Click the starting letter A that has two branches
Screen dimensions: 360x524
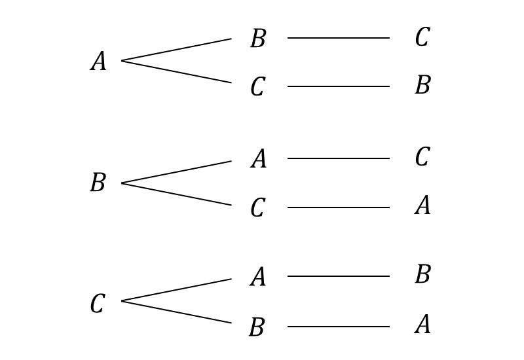pyautogui.click(x=98, y=62)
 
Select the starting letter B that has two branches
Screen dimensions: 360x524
pyautogui.click(x=98, y=183)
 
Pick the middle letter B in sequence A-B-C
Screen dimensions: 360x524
pyautogui.click(x=258, y=39)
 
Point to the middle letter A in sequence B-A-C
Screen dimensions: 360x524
pyautogui.click(x=258, y=159)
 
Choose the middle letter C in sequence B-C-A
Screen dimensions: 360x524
pyautogui.click(x=257, y=208)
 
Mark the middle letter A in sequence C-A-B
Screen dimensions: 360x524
pyautogui.click(x=258, y=278)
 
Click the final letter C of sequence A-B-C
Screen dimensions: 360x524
pyautogui.click(x=422, y=38)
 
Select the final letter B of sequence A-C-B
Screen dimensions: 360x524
pyautogui.click(x=422, y=85)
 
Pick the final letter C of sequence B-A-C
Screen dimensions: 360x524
pyautogui.click(x=422, y=157)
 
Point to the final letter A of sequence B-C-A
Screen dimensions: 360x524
pyautogui.click(x=422, y=206)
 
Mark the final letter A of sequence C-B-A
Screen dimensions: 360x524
pyautogui.click(x=422, y=324)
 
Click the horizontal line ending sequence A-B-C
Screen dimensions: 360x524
pyautogui.click(x=338, y=38)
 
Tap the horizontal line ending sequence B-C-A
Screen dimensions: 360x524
pyautogui.click(x=338, y=207)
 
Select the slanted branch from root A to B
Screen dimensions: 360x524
pyautogui.click(x=177, y=50)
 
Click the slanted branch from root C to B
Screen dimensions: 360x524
pyautogui.click(x=177, y=312)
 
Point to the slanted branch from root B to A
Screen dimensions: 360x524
pyautogui.click(x=177, y=172)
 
